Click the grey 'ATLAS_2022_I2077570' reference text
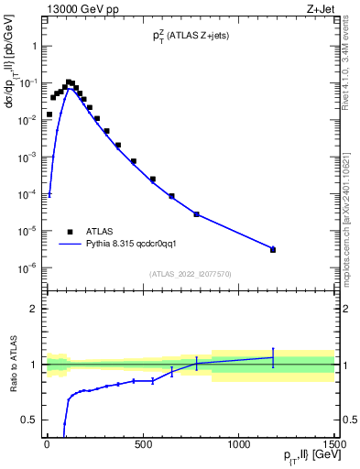tap(190, 273)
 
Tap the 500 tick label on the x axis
tap(142, 443)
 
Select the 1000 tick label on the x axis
tap(238, 443)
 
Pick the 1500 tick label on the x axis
tap(333, 443)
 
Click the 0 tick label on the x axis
tap(47, 443)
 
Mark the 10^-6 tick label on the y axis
tap(28, 268)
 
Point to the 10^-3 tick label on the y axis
tap(28, 157)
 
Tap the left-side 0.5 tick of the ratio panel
tap(29, 420)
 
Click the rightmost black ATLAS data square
tap(273, 249)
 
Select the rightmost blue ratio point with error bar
tap(273, 357)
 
